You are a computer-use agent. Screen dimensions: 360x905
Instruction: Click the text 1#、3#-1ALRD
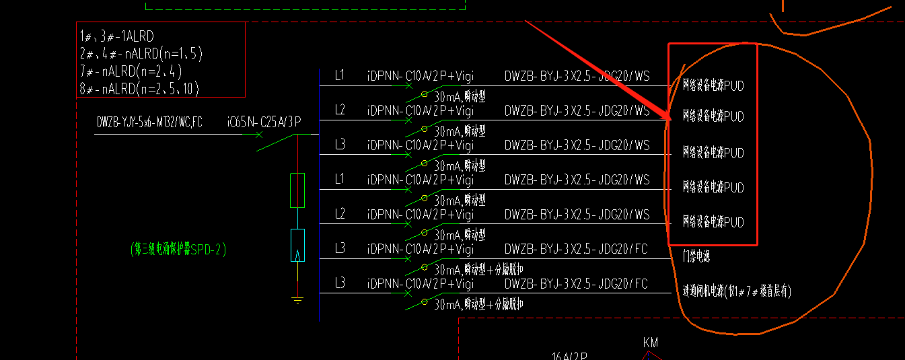(117, 37)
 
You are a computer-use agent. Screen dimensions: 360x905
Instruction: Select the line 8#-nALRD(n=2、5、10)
(139, 89)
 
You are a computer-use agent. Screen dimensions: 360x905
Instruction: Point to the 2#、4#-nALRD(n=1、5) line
(141, 55)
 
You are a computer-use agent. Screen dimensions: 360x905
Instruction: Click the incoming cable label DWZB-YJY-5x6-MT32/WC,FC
(149, 122)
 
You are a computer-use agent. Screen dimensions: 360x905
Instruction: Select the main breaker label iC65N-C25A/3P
(264, 122)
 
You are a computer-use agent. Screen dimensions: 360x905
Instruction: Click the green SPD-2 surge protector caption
(178, 250)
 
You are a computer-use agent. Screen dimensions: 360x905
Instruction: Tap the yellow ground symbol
(297, 299)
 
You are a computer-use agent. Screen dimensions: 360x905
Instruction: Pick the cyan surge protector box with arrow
(297, 245)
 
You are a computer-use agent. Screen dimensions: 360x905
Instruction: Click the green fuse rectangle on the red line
(297, 190)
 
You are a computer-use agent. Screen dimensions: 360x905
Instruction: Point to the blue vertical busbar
(319, 195)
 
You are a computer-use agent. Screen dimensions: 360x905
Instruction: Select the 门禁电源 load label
(696, 256)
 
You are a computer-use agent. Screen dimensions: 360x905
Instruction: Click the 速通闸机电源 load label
(737, 291)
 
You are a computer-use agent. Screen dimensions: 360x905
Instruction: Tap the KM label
(651, 343)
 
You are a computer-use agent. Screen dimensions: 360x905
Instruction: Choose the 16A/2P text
(569, 356)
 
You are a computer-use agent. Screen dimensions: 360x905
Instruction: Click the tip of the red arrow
(671, 120)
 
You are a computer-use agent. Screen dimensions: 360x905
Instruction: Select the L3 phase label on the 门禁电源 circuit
(340, 249)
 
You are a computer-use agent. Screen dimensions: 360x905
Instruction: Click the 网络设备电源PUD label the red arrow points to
(713, 117)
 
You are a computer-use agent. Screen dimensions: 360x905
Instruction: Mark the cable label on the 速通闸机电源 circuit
(576, 284)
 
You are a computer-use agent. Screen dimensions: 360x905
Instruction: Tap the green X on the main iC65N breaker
(259, 135)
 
